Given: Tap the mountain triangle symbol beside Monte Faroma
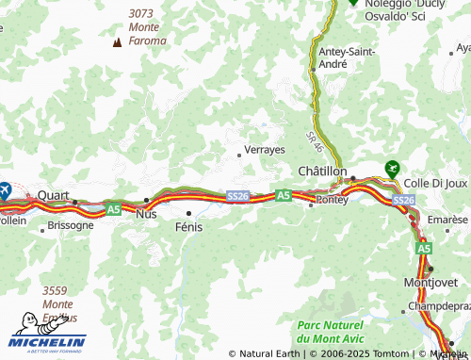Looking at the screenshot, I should tap(117, 41).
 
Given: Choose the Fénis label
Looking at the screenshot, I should tap(189, 227).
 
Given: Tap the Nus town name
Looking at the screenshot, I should tap(147, 214).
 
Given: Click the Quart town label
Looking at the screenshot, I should tap(54, 195).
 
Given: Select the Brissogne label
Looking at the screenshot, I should tap(70, 225).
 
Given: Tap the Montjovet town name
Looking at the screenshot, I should tap(430, 282).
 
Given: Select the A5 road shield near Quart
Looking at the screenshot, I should tap(113, 207).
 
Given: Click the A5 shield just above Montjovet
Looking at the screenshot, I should tap(424, 248).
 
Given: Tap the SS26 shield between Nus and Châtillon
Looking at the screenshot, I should tap(238, 196).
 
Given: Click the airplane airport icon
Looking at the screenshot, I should tap(4, 188).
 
